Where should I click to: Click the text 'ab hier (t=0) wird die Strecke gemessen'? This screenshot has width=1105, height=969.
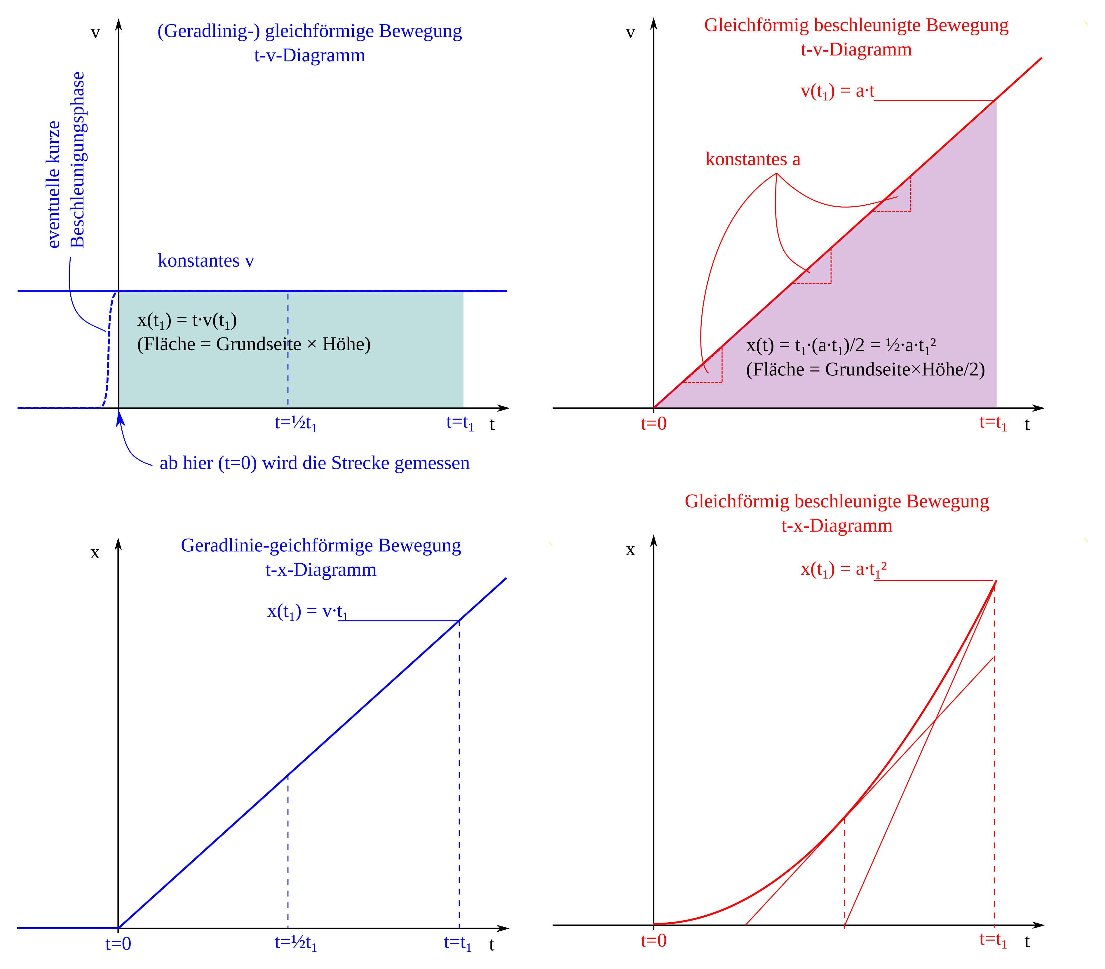pyautogui.click(x=315, y=463)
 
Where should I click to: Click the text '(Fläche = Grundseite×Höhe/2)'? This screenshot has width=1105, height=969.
pyautogui.click(x=865, y=370)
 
